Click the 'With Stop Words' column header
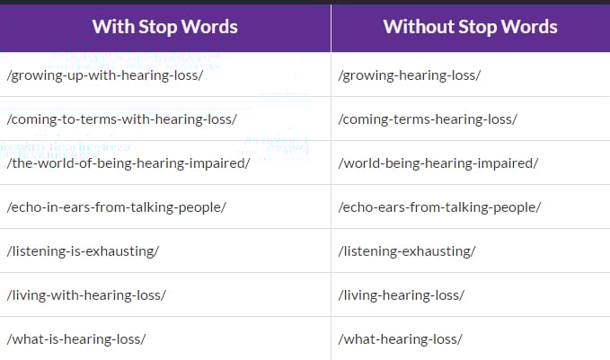tap(165, 27)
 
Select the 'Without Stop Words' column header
tap(471, 27)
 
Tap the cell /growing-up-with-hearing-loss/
tap(105, 75)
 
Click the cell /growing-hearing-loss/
tap(410, 75)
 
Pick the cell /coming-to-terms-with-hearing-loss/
tap(122, 119)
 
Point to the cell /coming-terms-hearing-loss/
tap(428, 119)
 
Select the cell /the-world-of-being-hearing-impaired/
tap(128, 163)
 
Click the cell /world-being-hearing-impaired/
tap(438, 163)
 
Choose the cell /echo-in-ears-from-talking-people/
tap(116, 207)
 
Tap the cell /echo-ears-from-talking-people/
tap(439, 207)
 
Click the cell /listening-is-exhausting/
tap(83, 251)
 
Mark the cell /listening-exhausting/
tap(407, 251)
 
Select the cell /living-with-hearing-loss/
tap(86, 295)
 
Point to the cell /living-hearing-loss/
tap(402, 295)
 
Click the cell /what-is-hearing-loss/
tap(76, 339)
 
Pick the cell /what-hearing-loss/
tap(401, 339)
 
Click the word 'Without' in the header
tap(419, 26)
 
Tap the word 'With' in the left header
tap(113, 26)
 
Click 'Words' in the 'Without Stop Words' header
tap(529, 26)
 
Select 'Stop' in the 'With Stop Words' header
tap(157, 27)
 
